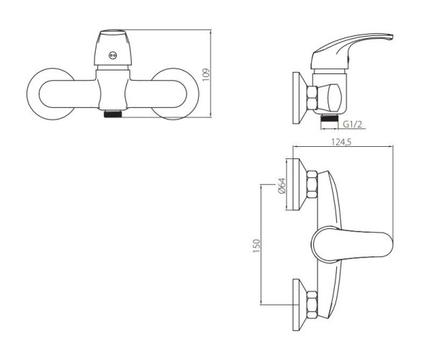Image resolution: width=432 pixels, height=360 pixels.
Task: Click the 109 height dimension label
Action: (x=206, y=74)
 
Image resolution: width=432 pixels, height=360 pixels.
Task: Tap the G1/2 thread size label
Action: (x=352, y=125)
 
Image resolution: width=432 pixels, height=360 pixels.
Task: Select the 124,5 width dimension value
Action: (x=341, y=142)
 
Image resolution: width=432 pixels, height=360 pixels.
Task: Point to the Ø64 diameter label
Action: (x=282, y=186)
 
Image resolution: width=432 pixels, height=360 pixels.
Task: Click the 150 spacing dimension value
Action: (x=256, y=246)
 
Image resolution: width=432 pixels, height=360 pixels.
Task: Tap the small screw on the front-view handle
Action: (x=112, y=55)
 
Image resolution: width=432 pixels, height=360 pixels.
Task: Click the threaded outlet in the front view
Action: (x=113, y=114)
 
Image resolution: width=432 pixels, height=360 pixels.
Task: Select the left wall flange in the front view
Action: (x=50, y=94)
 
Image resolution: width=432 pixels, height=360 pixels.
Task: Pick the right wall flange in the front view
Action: (x=175, y=94)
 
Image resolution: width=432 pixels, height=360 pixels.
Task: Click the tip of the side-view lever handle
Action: (x=392, y=37)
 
